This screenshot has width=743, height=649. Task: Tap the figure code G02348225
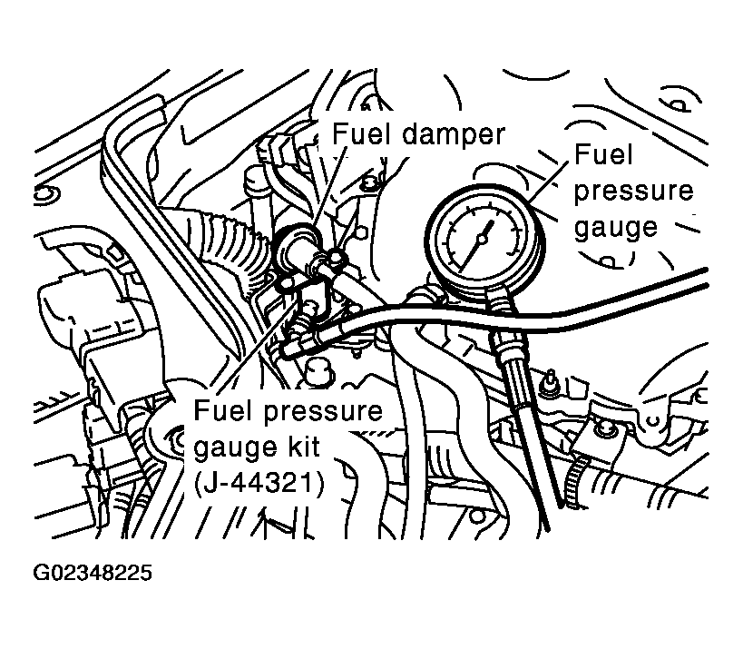[93, 575]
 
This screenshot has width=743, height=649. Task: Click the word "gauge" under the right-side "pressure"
[615, 226]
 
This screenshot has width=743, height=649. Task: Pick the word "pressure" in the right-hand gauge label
[632, 191]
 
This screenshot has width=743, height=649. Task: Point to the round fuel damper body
[296, 247]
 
